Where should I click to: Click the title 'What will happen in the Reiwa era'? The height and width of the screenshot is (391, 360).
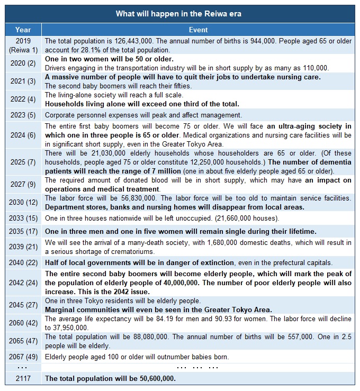[179, 14]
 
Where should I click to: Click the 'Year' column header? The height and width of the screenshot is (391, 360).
[23, 30]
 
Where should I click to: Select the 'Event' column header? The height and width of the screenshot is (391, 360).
[198, 30]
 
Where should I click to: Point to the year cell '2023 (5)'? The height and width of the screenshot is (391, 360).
[23, 115]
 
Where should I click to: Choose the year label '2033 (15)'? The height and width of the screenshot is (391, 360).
[23, 218]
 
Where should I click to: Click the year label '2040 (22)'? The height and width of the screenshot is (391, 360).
[23, 263]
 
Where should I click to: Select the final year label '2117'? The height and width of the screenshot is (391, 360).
[23, 378]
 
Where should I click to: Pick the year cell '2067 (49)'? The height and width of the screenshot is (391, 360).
[23, 357]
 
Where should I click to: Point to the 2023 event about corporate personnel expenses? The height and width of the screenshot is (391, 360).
[143, 115]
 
